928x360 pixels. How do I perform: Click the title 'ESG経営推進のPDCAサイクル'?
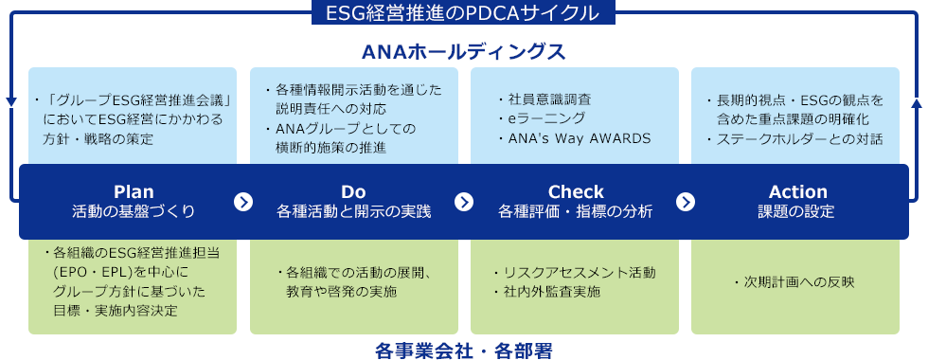tap(463, 12)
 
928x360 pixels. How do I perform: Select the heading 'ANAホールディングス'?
tap(464, 52)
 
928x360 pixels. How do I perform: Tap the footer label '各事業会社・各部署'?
tap(464, 351)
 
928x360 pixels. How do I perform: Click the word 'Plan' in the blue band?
tap(134, 191)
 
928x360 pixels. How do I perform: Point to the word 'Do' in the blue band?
tap(353, 191)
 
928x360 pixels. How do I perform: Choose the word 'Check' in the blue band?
tap(576, 191)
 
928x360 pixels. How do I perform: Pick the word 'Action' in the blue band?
tap(797, 191)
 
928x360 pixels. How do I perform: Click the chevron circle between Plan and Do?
tap(243, 202)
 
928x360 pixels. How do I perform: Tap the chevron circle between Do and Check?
tap(464, 202)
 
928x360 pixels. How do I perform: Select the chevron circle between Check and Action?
tap(686, 202)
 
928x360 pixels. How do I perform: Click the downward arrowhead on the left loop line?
tap(11, 102)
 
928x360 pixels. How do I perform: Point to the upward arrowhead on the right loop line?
tap(917, 102)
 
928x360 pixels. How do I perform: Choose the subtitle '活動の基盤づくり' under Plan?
tap(134, 211)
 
